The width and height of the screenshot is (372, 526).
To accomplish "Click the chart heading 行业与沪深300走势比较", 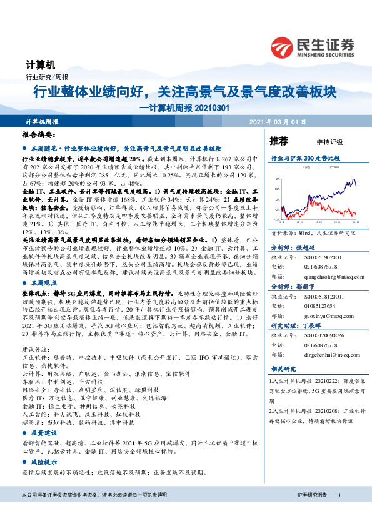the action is pos(305,159).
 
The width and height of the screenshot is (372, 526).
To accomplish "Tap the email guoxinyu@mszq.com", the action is pos(327,315).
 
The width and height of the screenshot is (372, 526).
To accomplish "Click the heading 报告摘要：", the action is pos(38,134).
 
